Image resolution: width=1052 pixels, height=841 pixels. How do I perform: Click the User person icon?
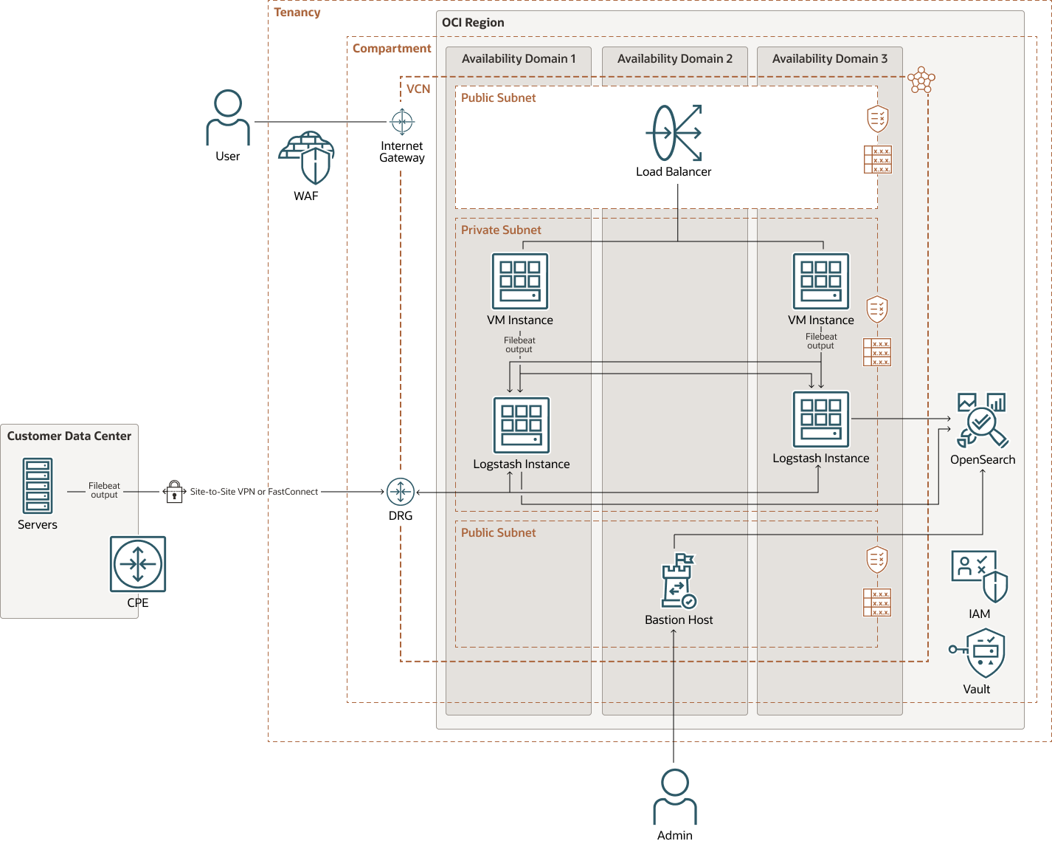(228, 117)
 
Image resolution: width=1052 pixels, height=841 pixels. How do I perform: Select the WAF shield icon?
(307, 158)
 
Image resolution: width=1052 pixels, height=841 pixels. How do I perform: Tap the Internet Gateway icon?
(402, 121)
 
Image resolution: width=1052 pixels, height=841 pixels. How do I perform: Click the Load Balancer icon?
(674, 133)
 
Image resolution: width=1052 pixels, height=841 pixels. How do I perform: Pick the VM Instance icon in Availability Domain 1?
(520, 281)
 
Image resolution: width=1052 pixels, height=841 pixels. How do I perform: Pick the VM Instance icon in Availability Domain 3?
(821, 281)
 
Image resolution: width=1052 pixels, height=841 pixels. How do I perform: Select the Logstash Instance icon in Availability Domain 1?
(522, 425)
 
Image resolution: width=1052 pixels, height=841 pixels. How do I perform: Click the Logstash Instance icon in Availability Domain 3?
(821, 419)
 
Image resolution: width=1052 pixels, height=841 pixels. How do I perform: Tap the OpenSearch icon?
(982, 420)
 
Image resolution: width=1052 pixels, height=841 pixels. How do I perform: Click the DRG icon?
(401, 492)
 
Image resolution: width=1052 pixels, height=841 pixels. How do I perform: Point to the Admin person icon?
(675, 797)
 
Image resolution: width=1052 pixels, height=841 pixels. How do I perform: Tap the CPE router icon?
(138, 564)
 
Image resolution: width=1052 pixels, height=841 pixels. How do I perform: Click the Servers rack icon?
(38, 486)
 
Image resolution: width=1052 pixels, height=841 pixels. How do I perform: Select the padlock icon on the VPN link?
(174, 492)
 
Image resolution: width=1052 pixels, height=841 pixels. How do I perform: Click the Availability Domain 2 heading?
(675, 59)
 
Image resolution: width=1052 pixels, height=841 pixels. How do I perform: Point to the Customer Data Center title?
(69, 436)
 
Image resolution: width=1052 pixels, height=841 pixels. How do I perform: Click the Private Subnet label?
(501, 230)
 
